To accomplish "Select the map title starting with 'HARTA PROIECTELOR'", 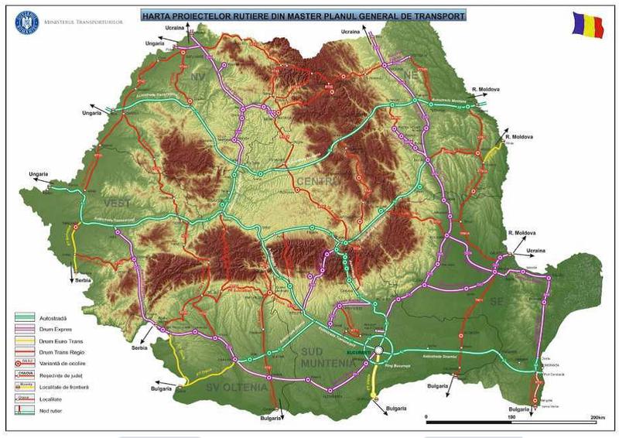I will coord(302,15).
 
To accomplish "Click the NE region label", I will coord(411,74).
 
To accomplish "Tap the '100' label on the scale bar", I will coord(511,418).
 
